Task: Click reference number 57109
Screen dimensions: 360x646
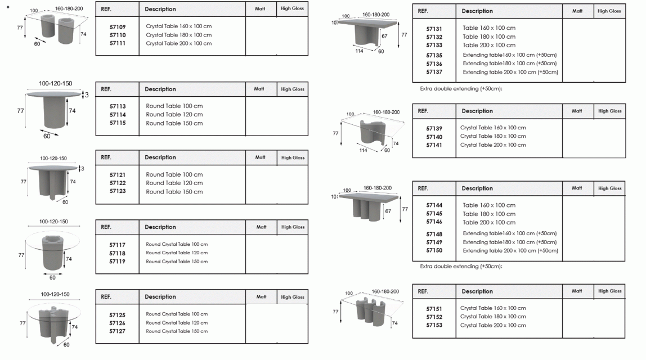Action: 118,26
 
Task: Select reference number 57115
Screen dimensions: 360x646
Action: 118,123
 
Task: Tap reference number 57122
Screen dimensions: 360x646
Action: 118,183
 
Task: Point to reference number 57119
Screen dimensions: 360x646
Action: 118,262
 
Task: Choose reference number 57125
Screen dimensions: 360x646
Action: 118,314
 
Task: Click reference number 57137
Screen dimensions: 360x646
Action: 434,73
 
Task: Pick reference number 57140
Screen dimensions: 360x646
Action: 434,137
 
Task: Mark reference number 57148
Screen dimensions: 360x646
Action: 434,234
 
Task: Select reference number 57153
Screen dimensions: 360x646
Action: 434,325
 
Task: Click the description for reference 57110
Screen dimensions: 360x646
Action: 179,35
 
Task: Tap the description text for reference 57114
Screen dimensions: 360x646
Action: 174,115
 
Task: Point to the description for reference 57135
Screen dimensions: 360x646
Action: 510,55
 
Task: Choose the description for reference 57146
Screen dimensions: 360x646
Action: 489,222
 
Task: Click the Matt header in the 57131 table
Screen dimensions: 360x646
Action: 577,11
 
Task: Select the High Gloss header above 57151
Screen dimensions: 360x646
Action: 609,291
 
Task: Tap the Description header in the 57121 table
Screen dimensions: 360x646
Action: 160,157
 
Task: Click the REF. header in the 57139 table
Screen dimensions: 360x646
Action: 423,111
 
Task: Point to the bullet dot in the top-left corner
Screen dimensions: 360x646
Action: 8,7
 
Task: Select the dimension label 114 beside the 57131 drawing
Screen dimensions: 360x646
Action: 359,51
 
